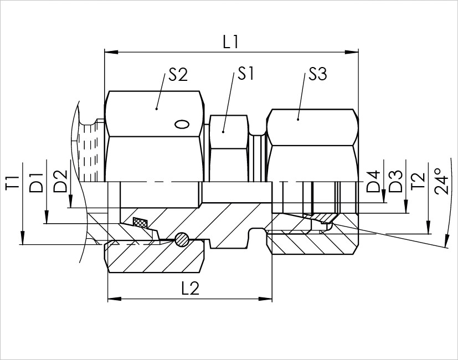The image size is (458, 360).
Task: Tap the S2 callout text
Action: (x=178, y=74)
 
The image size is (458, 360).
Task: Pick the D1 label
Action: (x=37, y=183)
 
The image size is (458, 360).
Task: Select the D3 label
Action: (x=395, y=183)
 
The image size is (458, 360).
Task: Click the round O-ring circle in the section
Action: (x=182, y=239)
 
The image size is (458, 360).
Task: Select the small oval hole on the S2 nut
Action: (x=181, y=124)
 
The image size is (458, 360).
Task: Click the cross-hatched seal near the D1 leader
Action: (x=140, y=223)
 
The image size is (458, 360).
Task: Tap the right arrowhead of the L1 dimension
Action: (x=353, y=53)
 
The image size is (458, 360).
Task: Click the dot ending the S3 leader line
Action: (x=297, y=118)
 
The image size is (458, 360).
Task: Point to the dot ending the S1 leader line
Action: (x=223, y=131)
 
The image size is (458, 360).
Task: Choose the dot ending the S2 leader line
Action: (x=157, y=109)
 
